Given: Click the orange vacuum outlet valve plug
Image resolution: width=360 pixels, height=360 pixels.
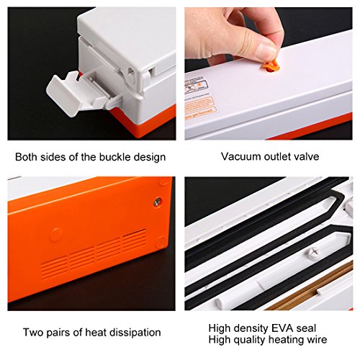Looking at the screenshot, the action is (x=271, y=66).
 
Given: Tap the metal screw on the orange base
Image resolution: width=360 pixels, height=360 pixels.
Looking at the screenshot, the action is (x=158, y=202).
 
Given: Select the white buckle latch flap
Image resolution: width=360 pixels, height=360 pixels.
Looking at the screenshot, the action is (x=63, y=95).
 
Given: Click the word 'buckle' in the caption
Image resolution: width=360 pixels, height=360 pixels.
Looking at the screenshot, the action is (x=115, y=157).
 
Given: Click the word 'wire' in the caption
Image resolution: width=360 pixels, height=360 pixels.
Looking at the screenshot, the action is (x=317, y=340).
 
